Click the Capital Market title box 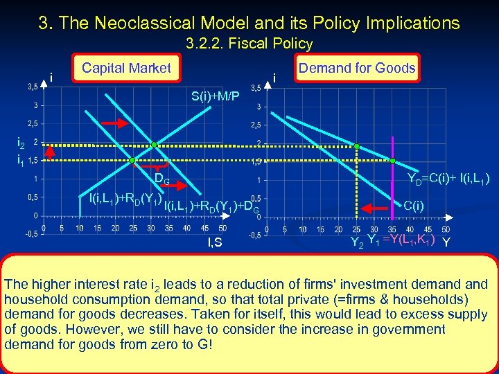point(125,68)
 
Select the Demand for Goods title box point(356,68)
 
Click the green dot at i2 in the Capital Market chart point(155,145)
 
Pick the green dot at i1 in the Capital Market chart point(132,161)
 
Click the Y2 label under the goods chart point(356,242)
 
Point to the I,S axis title point(215,242)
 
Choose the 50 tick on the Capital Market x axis point(222,229)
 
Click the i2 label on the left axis point(21,143)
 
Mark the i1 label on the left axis point(21,161)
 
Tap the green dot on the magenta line point(392,161)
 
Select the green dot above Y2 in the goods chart point(356,147)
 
